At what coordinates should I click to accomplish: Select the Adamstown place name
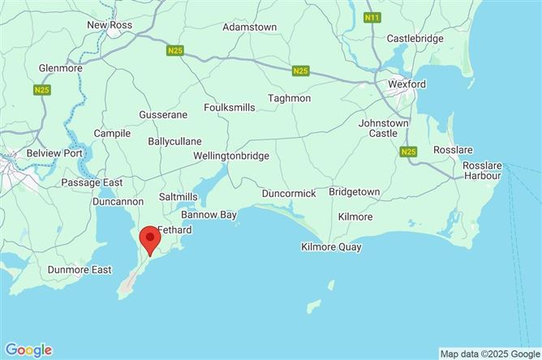(x=250, y=27)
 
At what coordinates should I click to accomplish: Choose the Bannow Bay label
(x=209, y=215)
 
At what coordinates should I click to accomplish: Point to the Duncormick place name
(x=289, y=194)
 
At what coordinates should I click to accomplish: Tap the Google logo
(x=28, y=350)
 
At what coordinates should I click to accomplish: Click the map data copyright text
(x=488, y=354)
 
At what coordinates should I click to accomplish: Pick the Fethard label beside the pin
(x=174, y=230)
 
